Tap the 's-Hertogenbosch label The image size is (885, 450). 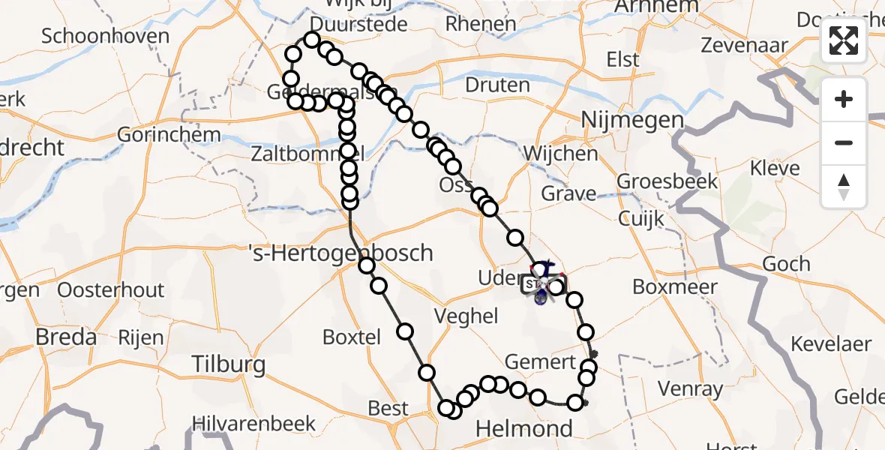340,253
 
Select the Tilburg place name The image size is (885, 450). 229,365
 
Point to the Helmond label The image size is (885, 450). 525,429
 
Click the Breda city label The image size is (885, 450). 66,337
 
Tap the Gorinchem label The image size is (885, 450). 169,136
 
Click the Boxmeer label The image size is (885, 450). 675,286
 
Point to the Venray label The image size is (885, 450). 690,388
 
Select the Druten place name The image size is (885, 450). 497,85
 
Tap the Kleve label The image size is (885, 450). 775,168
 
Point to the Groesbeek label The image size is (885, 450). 667,181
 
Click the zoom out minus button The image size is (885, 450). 844,142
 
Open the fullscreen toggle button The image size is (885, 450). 844,41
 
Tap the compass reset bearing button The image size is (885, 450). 844,185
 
